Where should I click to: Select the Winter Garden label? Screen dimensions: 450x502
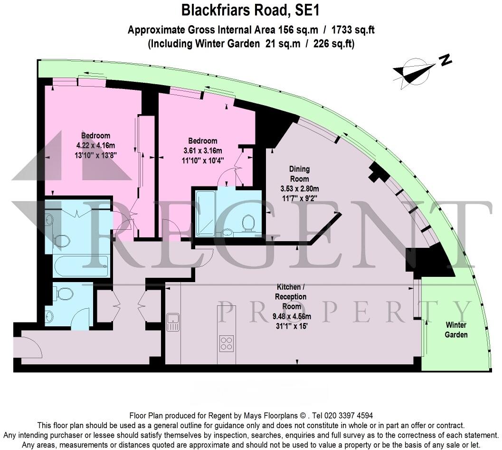(x=455, y=330)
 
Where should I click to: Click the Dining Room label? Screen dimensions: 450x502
(x=299, y=174)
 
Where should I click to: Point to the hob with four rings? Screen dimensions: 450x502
(x=226, y=343)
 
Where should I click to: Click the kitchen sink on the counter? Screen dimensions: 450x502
(x=173, y=323)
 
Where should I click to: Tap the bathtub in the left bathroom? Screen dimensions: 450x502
(x=81, y=267)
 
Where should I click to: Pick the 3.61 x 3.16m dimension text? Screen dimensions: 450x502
(x=203, y=151)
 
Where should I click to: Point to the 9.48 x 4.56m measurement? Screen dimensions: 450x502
(x=292, y=316)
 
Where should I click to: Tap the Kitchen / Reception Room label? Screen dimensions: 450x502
(x=292, y=296)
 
